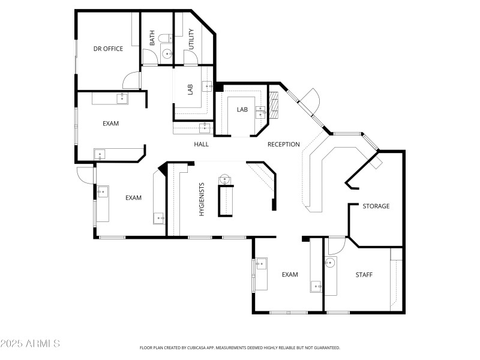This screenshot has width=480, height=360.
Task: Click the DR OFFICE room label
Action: (108, 49)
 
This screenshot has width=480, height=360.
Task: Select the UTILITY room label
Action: (191, 38)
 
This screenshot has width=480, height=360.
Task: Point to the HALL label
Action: (201, 144)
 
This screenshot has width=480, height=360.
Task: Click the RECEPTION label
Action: (283, 144)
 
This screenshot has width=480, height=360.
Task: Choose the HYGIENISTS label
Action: (202, 200)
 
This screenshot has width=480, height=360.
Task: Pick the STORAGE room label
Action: (376, 206)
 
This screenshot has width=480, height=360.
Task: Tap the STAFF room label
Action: (364, 275)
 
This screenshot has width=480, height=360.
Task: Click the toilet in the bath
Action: (168, 54)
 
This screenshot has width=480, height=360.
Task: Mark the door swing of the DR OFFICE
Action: (131, 81)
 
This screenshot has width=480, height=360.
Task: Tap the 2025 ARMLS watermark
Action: (30, 344)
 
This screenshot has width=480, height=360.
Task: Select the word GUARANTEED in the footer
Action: (326, 347)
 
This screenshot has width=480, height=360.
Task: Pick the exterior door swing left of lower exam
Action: (85, 173)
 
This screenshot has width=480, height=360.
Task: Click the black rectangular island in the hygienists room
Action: (226, 200)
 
